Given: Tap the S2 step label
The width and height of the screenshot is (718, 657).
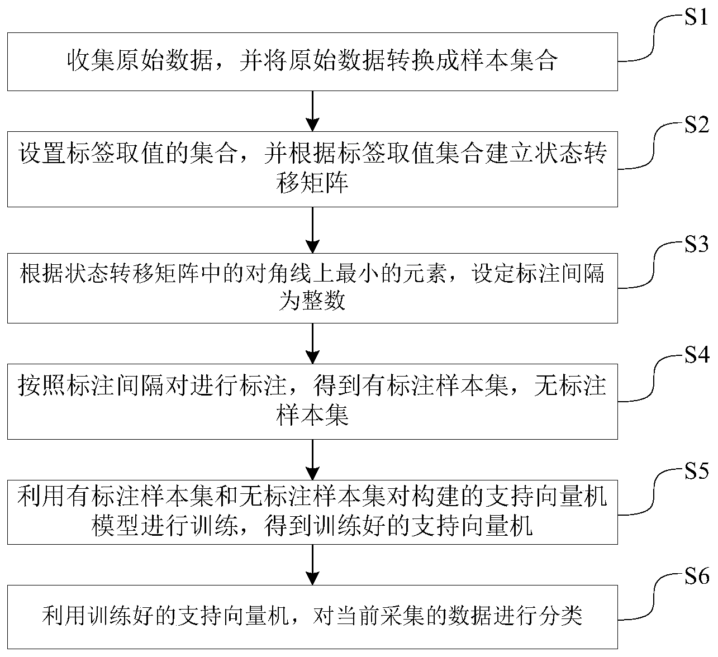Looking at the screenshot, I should [x=696, y=126].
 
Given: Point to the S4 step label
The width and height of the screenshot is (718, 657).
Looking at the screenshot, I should [x=696, y=355].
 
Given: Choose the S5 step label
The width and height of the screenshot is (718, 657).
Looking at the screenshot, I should [x=696, y=472].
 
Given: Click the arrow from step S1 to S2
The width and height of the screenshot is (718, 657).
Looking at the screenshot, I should [x=313, y=110].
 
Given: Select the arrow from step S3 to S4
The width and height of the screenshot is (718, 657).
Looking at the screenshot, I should [x=313, y=343].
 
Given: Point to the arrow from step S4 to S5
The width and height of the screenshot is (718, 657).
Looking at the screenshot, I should [x=313, y=459].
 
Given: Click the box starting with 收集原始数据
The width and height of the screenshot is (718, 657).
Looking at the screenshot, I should [x=312, y=61].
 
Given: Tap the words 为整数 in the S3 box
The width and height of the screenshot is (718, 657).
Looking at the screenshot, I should [x=312, y=302].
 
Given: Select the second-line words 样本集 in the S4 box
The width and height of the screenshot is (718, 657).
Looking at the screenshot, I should [x=312, y=416].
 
